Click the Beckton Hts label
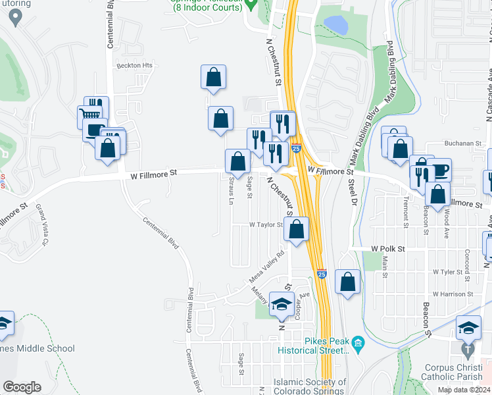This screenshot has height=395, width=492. click(135, 66)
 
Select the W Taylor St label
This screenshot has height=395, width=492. click(266, 224)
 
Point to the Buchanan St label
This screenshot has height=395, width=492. click(462, 143)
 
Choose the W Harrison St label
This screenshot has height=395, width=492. click(453, 294)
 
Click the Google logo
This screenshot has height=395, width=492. click(22, 386)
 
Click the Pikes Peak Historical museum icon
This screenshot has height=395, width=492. click(358, 342)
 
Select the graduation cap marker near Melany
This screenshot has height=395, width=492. click(281, 304)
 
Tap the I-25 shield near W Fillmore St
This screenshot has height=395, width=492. click(297, 149)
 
